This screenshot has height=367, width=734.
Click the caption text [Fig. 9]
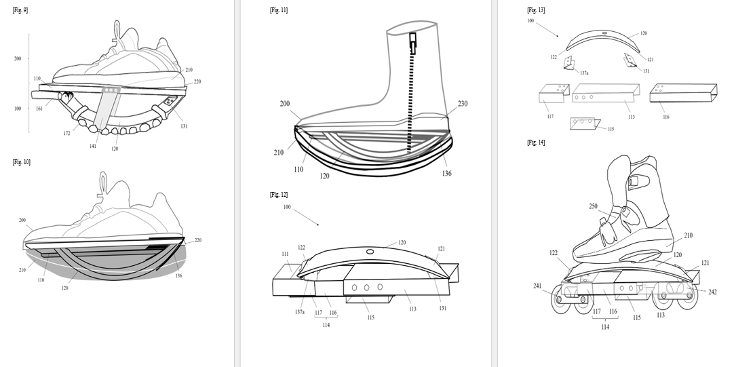tap(20, 9)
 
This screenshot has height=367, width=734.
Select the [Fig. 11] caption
tap(279, 9)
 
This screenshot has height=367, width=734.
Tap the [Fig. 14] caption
tap(536, 142)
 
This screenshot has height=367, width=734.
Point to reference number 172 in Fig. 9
tap(67, 134)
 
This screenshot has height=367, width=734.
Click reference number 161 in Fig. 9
tap(39, 109)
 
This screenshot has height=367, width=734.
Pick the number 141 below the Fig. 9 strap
tap(93, 146)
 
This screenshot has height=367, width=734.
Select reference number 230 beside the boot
tap(463, 104)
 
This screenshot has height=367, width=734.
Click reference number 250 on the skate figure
tap(593, 206)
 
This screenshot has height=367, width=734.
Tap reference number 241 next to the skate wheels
tap(537, 286)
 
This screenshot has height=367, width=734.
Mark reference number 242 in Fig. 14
tap(712, 292)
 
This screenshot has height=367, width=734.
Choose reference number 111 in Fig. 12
tap(285, 254)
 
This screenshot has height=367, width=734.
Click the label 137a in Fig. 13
tap(583, 73)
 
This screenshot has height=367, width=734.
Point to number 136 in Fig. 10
tap(179, 275)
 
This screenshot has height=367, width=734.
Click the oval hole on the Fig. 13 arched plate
tap(604, 33)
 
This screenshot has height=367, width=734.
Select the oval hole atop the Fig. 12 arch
tap(370, 252)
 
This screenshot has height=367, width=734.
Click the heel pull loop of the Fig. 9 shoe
tap(117, 29)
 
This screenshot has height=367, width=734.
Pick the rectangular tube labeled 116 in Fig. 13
tap(683, 93)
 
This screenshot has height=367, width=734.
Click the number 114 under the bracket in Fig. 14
tap(605, 327)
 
